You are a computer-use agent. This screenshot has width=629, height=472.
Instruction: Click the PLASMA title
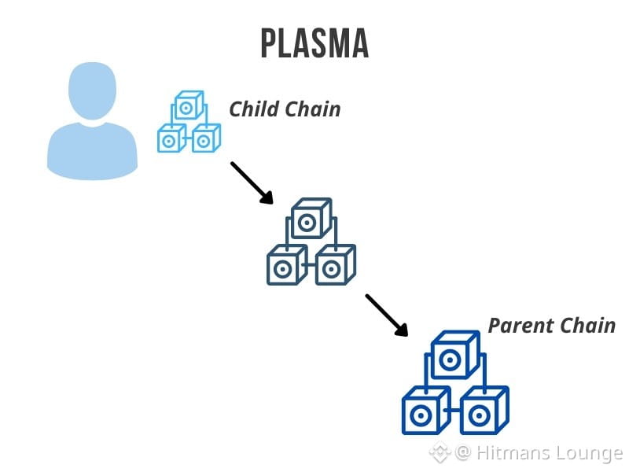tap(314, 43)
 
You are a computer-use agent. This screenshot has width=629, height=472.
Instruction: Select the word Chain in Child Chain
tap(312, 109)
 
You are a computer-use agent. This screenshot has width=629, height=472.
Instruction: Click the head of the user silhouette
tap(92, 90)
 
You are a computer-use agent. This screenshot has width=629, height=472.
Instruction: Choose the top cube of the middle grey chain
tap(309, 220)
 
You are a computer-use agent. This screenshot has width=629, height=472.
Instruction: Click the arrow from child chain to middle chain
tap(252, 183)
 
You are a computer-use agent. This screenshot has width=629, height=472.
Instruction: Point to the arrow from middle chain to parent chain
tap(387, 315)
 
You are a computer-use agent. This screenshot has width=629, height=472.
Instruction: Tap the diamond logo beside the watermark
tap(440, 452)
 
